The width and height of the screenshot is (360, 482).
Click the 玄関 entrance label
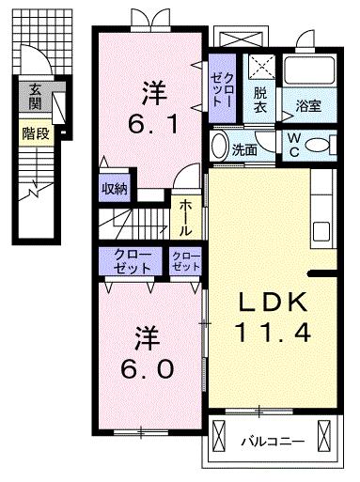coord(35,97)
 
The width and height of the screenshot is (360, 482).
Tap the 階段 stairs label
coord(36,134)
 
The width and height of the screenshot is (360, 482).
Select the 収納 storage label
coord(114,189)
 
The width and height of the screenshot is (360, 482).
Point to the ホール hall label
coord(185,218)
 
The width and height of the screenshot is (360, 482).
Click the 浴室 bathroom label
coord(308,106)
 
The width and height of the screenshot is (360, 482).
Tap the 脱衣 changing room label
coord(259,100)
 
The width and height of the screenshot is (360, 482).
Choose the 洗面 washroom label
coord(244,150)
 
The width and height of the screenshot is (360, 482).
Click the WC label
coord(294,145)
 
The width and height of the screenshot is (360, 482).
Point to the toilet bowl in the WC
coord(317,146)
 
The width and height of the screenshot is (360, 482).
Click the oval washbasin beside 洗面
coord(219,146)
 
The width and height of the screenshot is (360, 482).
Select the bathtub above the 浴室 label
coord(309,70)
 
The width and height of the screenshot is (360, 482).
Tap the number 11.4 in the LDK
coord(273,333)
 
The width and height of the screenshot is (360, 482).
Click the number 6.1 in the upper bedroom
coord(153,123)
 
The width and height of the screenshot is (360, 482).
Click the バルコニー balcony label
coord(273,442)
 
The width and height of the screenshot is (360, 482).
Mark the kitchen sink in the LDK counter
coord(321,231)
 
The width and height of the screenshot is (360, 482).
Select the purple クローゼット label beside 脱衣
coord(222,89)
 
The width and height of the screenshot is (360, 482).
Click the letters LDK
coord(273,302)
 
